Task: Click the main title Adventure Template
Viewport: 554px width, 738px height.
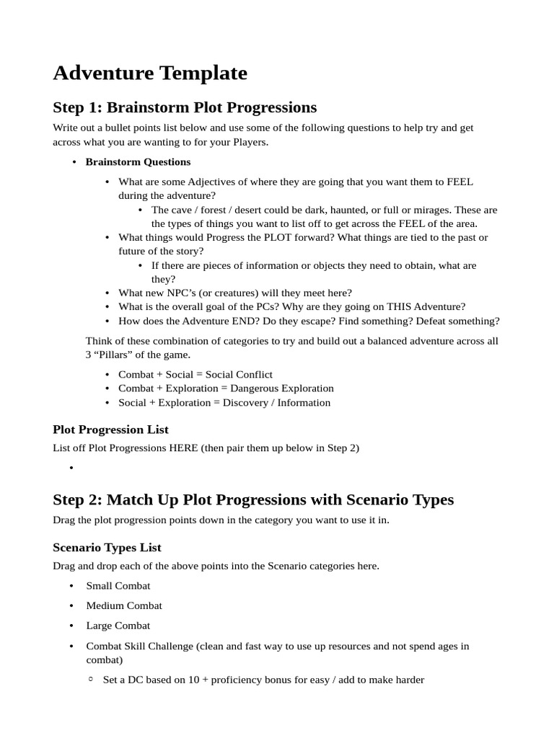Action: pos(150,73)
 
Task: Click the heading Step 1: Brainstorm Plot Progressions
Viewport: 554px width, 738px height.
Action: pos(185,107)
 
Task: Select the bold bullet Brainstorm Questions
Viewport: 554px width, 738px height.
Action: pos(138,161)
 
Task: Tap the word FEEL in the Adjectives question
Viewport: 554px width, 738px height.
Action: pos(460,182)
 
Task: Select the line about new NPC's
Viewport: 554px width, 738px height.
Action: pos(234,293)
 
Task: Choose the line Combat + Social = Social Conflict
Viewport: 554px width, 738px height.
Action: pos(195,374)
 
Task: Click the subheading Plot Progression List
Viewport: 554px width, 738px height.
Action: pos(110,430)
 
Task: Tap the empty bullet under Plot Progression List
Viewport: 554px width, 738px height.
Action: pos(72,468)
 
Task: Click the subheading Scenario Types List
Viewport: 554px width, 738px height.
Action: pos(107,547)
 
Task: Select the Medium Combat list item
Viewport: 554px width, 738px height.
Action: pos(124,605)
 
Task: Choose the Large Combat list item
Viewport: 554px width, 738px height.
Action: pos(118,626)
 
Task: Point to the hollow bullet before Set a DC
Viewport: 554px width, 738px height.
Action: pos(91,680)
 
